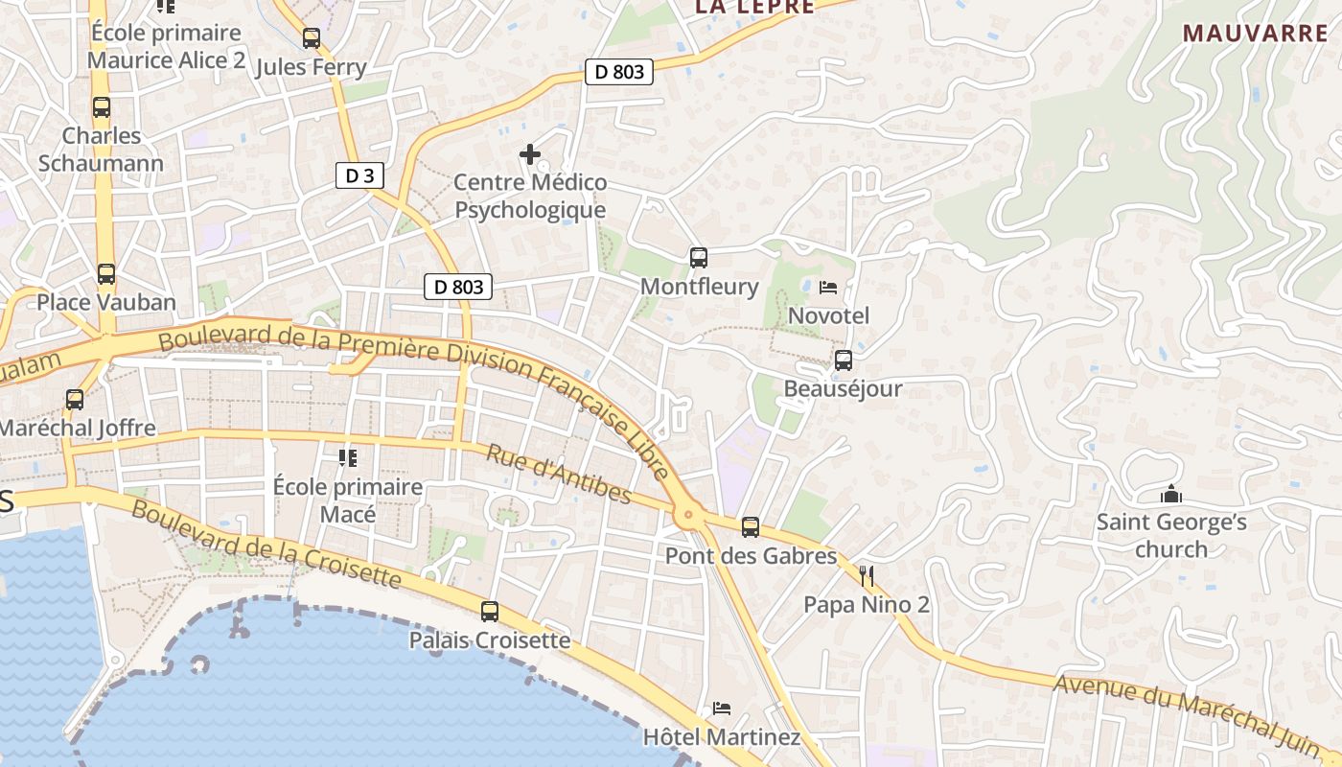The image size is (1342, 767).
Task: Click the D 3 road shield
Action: (360, 175)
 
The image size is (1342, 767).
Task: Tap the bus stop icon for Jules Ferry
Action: (311, 38)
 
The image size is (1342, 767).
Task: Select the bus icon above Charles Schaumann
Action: (102, 107)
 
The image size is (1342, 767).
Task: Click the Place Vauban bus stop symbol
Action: (106, 274)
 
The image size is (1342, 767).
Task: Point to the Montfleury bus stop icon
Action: (699, 258)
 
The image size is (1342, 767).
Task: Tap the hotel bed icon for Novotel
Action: (828, 288)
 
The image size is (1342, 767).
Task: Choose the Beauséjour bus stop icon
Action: (844, 360)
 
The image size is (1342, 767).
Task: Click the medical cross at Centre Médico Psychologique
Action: (530, 153)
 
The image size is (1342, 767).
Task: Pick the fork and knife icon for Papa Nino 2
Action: (867, 576)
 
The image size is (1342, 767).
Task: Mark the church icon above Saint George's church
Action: (1170, 495)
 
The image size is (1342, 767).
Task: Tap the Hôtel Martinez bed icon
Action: (722, 709)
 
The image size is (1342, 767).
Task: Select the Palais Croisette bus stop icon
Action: (490, 612)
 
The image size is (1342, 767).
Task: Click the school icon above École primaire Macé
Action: (347, 458)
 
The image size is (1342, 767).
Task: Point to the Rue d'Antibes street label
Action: (559, 474)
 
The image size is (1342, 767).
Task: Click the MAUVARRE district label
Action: (1255, 34)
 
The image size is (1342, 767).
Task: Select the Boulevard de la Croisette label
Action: (266, 543)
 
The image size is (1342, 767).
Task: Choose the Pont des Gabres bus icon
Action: (751, 527)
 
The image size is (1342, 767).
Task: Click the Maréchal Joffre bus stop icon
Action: (75, 400)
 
